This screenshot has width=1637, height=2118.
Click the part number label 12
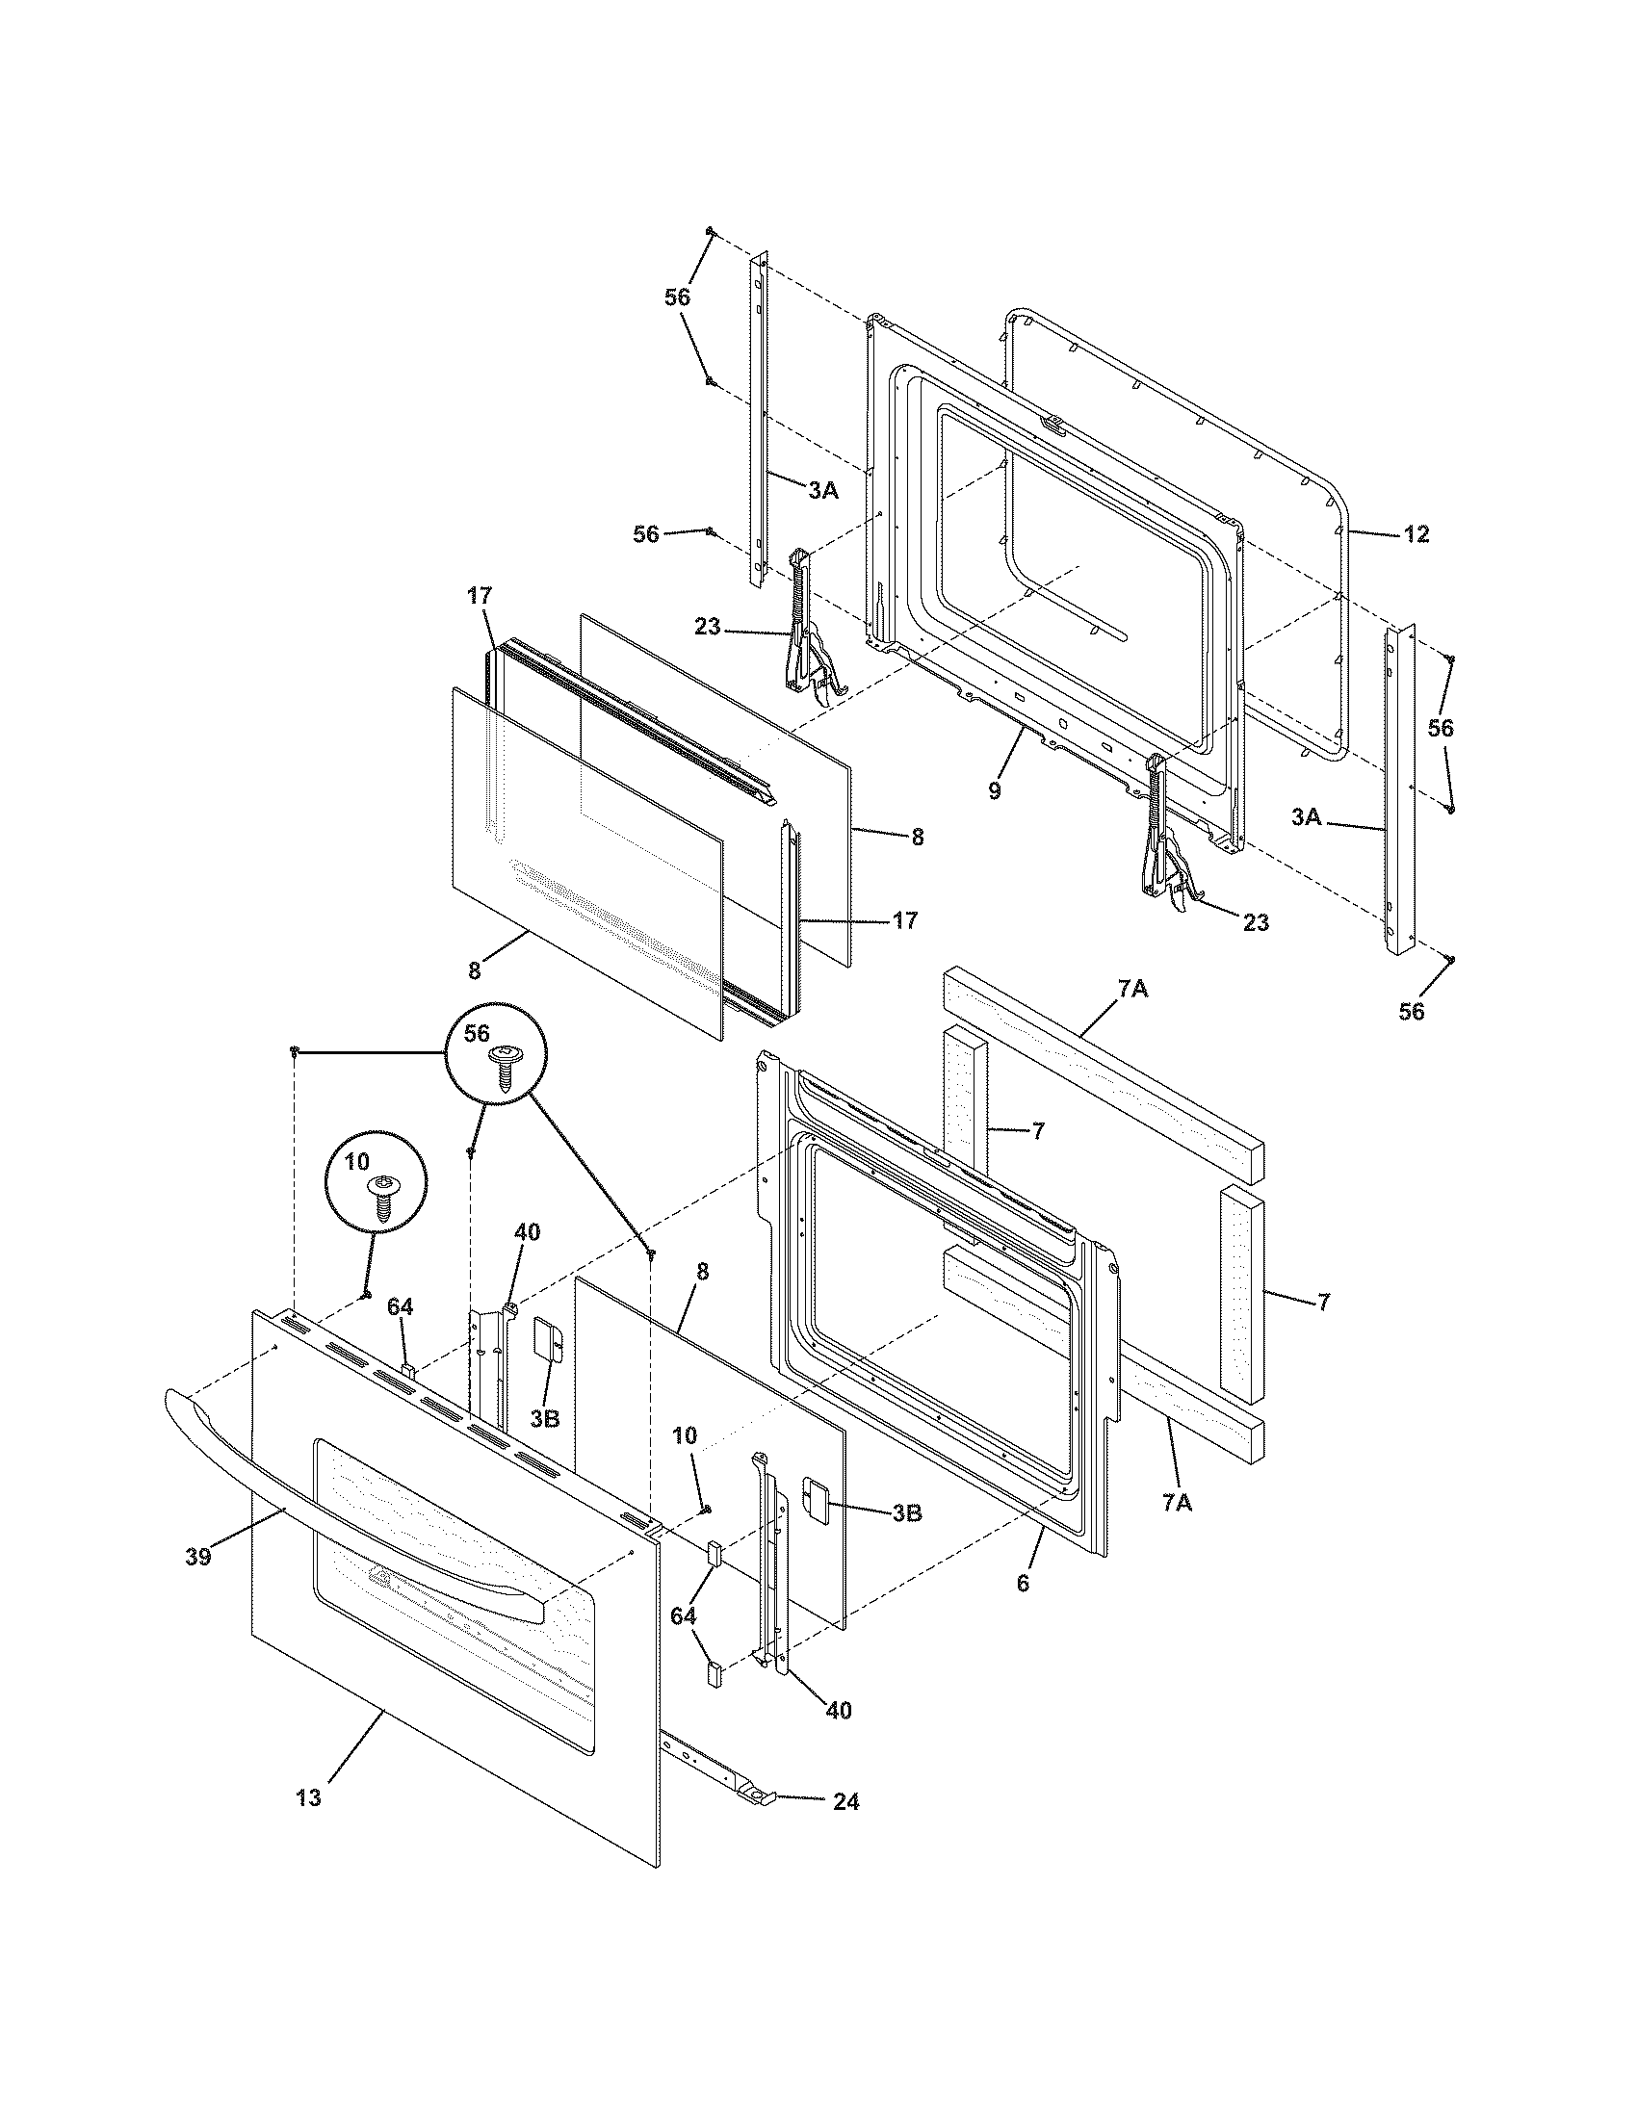pos(1416,534)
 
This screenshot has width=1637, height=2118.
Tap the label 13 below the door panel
pos(308,1797)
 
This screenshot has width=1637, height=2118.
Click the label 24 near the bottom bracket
pos(844,1802)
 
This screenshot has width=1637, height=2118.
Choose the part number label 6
pos(1022,1584)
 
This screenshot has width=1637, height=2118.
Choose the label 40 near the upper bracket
pos(527,1232)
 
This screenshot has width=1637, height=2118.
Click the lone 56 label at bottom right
pos(1412,1012)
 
